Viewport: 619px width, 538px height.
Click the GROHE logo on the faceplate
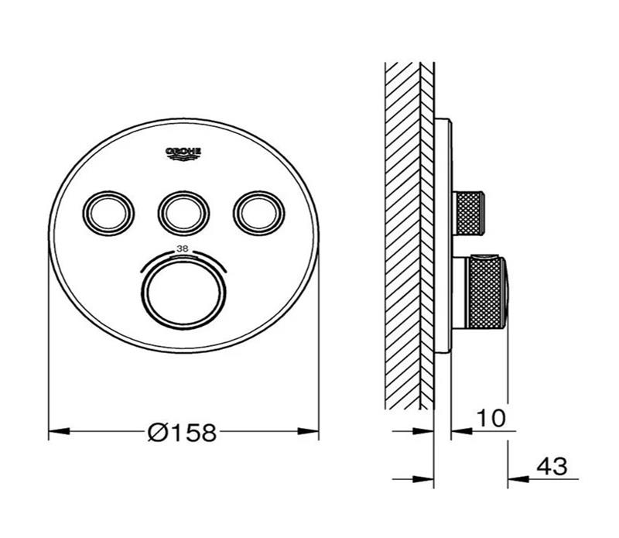click(x=183, y=152)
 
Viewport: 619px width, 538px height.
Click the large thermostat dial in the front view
click(x=183, y=294)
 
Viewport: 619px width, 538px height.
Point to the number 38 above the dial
click(x=183, y=249)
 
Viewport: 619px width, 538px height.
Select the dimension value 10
click(x=491, y=418)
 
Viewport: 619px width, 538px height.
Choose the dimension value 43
click(x=551, y=467)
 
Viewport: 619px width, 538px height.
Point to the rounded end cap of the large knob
click(x=506, y=293)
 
